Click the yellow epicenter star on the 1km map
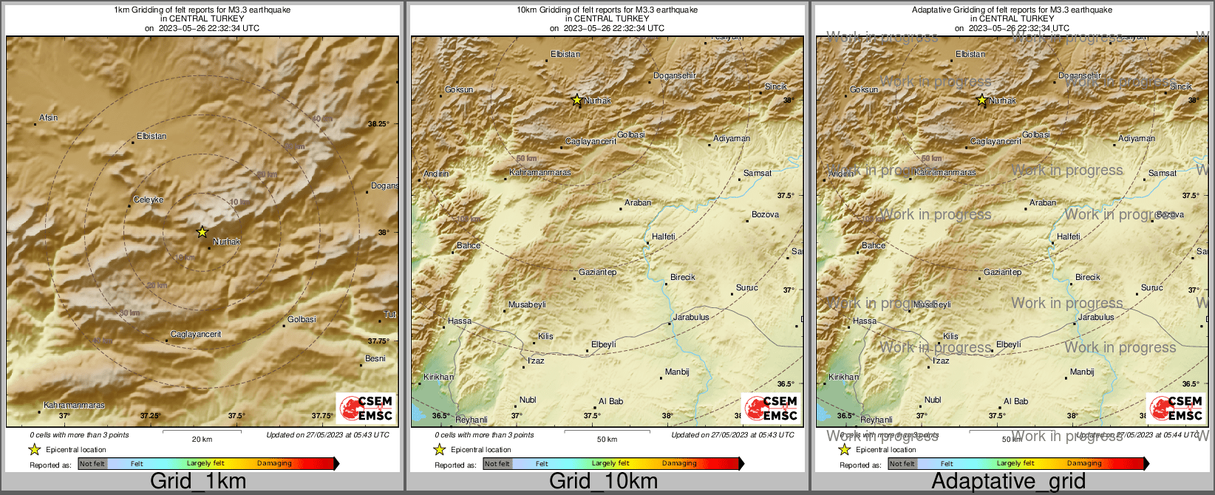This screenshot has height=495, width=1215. [x=202, y=232]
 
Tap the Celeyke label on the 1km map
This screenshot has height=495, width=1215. [x=149, y=200]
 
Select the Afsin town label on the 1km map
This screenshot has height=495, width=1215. [x=49, y=117]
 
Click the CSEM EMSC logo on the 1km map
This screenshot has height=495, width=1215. [x=366, y=408]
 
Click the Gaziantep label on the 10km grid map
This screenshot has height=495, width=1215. [x=597, y=273]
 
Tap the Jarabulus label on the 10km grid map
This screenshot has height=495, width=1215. [x=692, y=317]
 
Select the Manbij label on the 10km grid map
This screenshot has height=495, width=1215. [x=677, y=372]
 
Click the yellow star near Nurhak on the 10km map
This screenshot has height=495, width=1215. [x=577, y=100]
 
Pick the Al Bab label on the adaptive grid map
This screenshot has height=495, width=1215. [x=1015, y=401]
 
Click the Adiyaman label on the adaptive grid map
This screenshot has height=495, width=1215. [x=1137, y=138]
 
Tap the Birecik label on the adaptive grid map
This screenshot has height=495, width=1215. [x=1088, y=277]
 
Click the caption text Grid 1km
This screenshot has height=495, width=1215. [x=198, y=482]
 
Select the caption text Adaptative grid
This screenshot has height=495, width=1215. [x=1008, y=482]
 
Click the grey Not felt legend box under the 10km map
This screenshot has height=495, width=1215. [x=497, y=463]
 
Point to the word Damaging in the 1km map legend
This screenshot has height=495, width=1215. [x=274, y=463]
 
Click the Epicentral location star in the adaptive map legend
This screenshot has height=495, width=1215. [x=844, y=449]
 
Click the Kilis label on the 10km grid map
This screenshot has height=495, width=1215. [x=545, y=336]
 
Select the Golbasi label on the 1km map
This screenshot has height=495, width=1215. [x=302, y=319]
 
